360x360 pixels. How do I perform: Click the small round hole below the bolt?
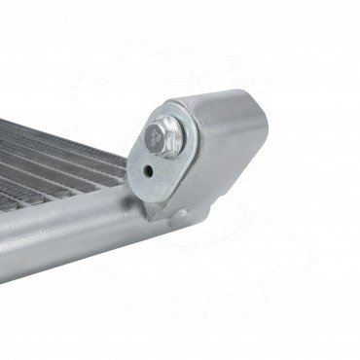pos(147,166)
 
